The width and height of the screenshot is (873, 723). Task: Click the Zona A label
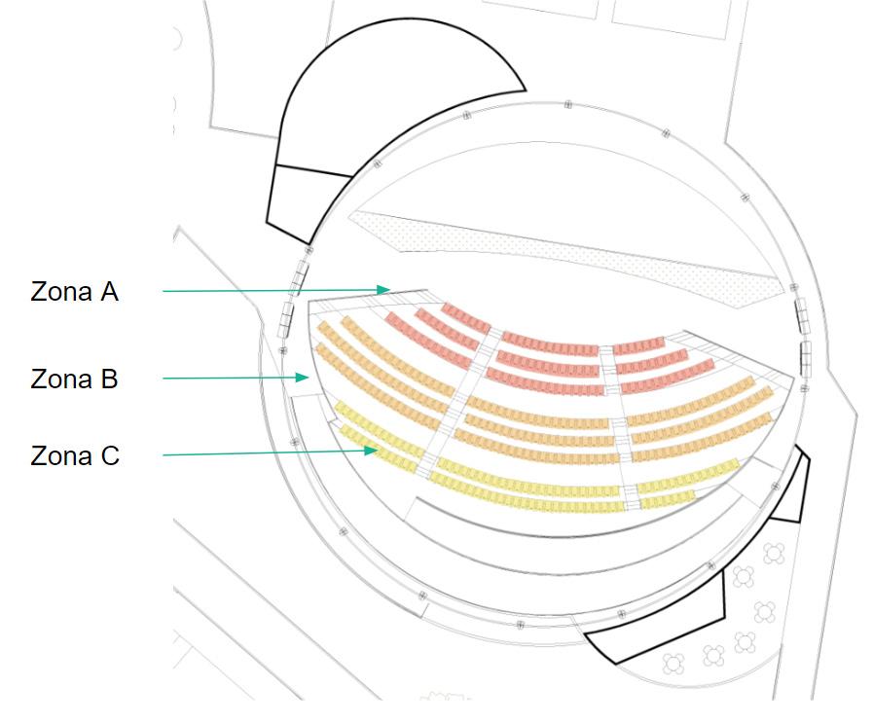(x=75, y=291)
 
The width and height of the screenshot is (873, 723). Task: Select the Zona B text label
(x=75, y=378)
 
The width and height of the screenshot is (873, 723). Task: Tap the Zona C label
(x=75, y=454)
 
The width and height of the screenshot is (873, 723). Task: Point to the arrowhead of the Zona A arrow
(x=388, y=289)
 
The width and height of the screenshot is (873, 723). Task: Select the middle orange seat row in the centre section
(x=541, y=437)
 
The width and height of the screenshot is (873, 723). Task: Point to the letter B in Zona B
(x=108, y=378)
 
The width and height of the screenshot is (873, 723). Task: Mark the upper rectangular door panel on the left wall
(x=301, y=275)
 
